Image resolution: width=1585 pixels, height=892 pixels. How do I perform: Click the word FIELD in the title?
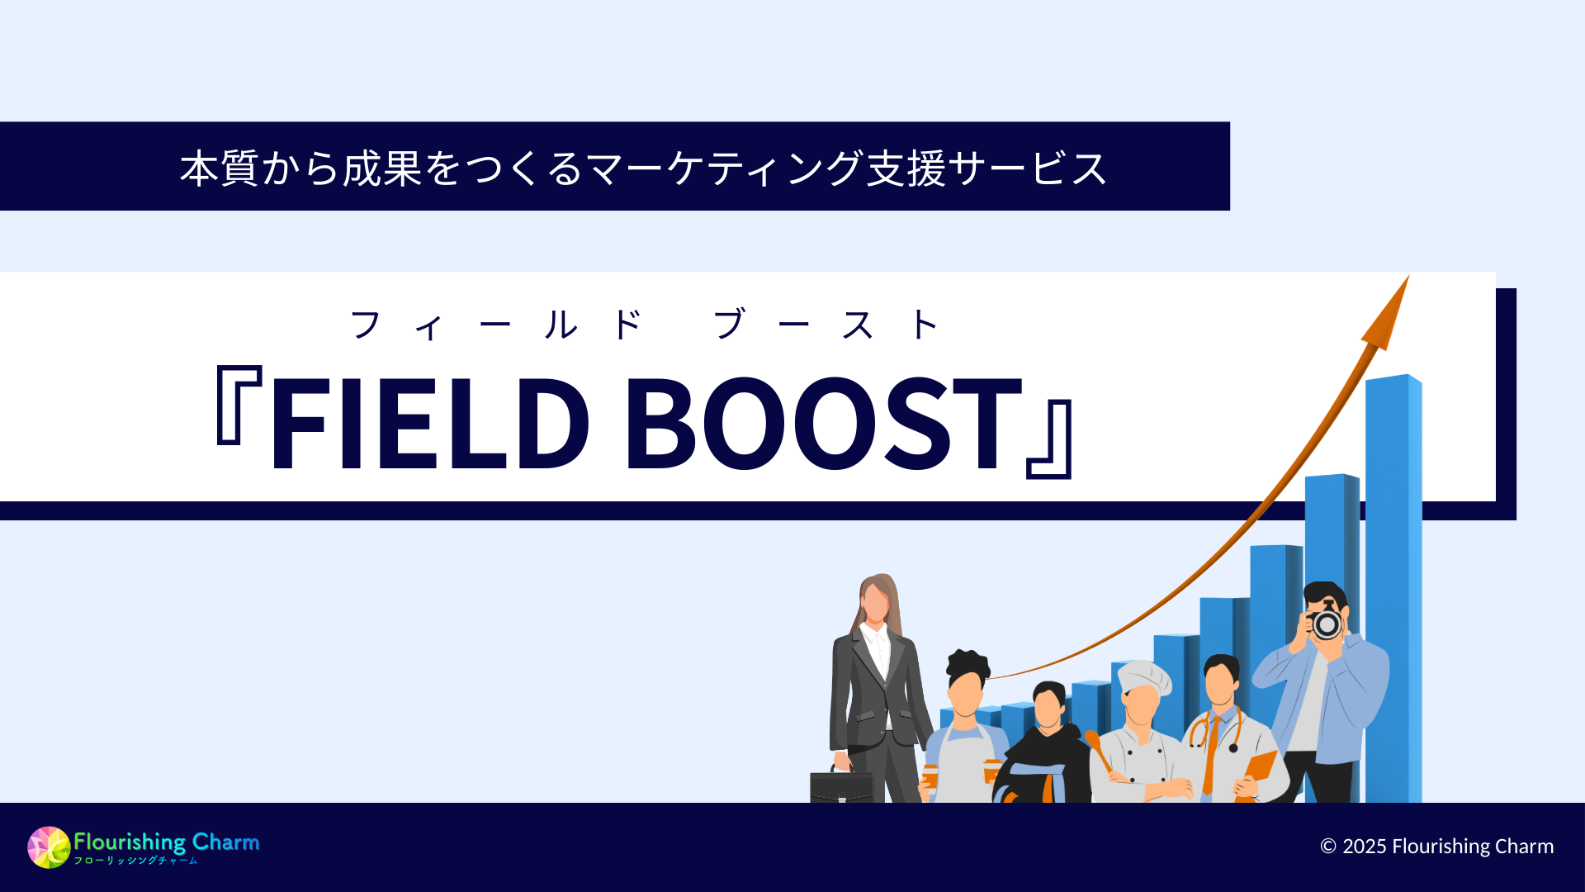[x=429, y=423]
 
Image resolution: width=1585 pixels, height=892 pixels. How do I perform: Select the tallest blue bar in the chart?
[x=1393, y=578]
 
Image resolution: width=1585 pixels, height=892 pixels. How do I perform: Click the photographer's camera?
[x=1326, y=624]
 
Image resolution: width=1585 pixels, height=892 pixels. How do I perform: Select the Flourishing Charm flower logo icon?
[x=49, y=847]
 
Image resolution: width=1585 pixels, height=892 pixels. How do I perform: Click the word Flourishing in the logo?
[x=130, y=842]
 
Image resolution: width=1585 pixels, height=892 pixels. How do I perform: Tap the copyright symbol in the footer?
[x=1328, y=847]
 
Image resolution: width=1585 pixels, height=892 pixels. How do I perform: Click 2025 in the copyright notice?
[x=1365, y=847]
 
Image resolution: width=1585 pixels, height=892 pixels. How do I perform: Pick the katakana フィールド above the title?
[x=495, y=325]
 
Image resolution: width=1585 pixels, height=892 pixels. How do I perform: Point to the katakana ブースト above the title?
[x=826, y=325]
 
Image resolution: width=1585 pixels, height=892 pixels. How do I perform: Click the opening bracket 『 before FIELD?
[x=238, y=405]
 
